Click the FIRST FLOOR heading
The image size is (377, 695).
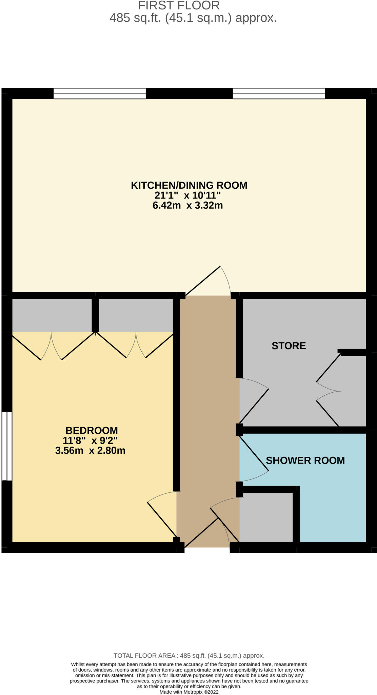tap(179, 5)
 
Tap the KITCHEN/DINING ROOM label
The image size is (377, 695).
tap(189, 185)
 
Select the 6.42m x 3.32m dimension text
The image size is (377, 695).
tap(187, 205)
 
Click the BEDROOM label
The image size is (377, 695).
tap(92, 430)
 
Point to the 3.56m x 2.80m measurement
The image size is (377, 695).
tap(90, 451)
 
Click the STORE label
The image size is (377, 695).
tap(289, 346)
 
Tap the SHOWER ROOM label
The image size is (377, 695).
tap(305, 461)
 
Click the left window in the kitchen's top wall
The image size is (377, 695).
tap(100, 94)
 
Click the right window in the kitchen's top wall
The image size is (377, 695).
tap(279, 94)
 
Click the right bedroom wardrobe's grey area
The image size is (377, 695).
tap(136, 315)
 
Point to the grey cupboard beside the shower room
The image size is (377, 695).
tap(266, 517)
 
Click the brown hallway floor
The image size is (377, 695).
tap(207, 407)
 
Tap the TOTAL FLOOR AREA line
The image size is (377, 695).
tap(189, 656)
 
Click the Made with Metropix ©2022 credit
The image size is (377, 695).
tap(189, 692)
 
